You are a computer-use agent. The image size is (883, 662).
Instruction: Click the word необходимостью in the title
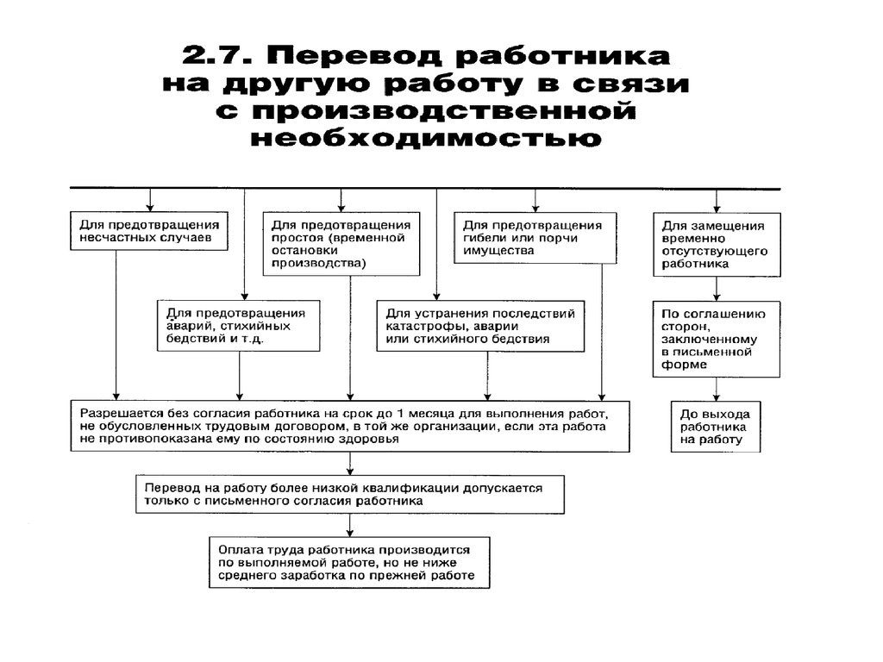[x=424, y=137]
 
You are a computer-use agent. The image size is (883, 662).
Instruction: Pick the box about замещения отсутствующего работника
[x=717, y=245]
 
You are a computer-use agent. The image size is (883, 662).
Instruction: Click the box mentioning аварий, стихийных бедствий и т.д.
[x=237, y=326]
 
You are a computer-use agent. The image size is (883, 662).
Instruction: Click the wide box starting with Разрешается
[x=351, y=426]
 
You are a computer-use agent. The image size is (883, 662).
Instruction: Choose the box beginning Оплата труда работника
[x=349, y=562]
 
